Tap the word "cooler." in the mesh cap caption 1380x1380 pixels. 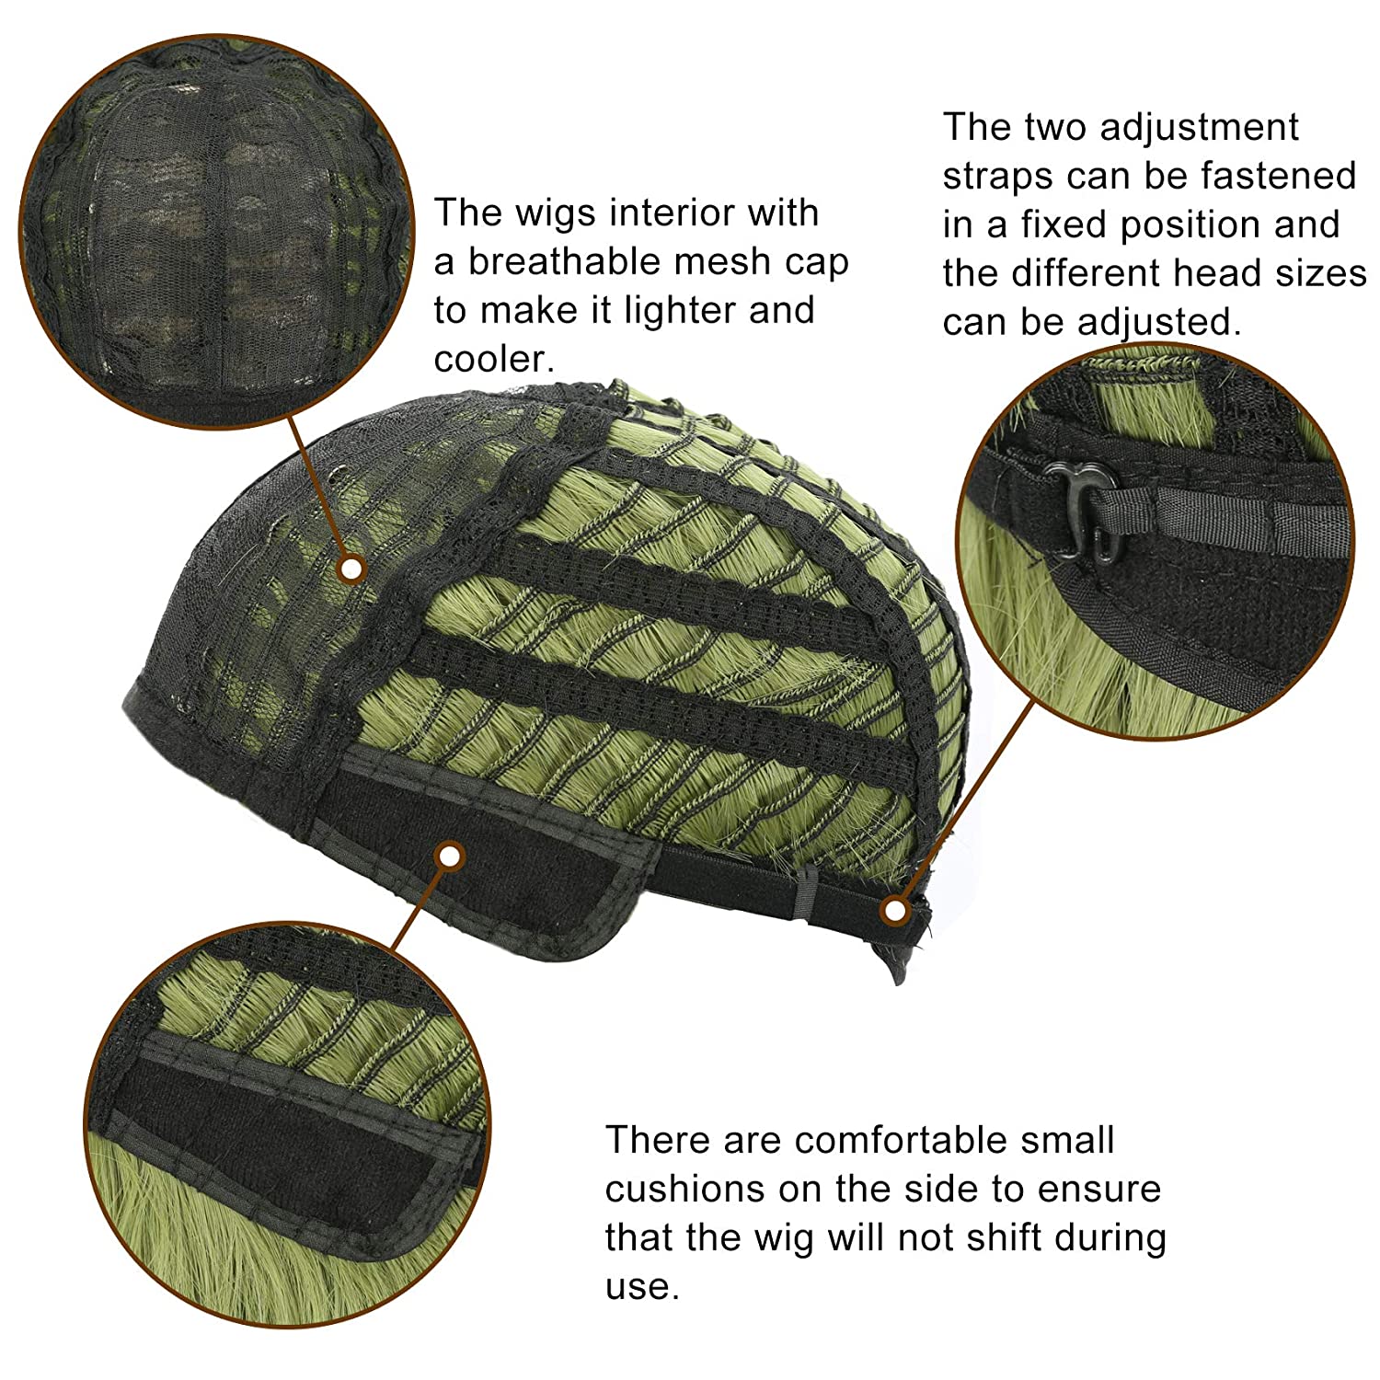[495, 359]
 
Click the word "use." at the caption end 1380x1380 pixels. [642, 1287]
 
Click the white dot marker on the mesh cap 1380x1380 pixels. [350, 569]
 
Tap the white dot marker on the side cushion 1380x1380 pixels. [449, 857]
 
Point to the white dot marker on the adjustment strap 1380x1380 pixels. [893, 912]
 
